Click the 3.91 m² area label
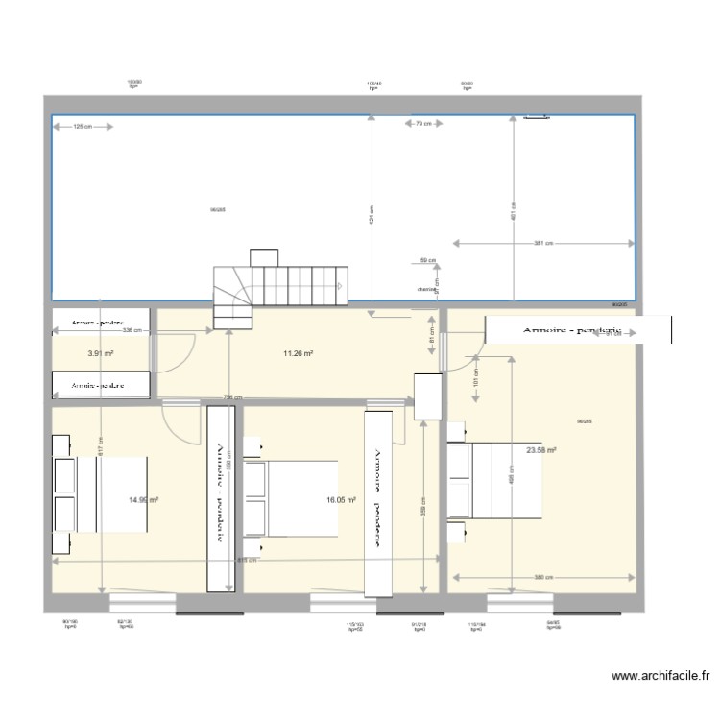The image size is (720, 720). point(101,353)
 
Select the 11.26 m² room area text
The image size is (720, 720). point(298,353)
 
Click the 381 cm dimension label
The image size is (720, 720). point(544,243)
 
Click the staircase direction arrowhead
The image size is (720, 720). point(339,286)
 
